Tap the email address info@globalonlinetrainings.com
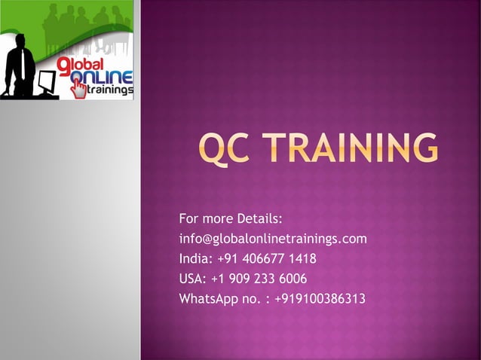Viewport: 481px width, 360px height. [273, 239]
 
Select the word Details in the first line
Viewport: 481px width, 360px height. [259, 219]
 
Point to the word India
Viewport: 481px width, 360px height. [194, 259]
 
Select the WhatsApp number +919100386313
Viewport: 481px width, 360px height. [320, 299]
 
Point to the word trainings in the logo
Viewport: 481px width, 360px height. [111, 90]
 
